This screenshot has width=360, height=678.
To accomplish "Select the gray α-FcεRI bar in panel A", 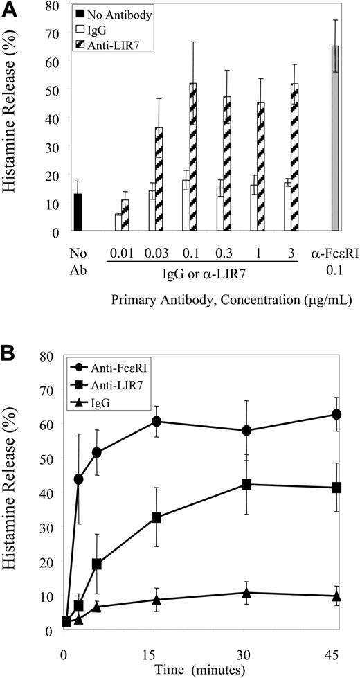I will click(x=335, y=139).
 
